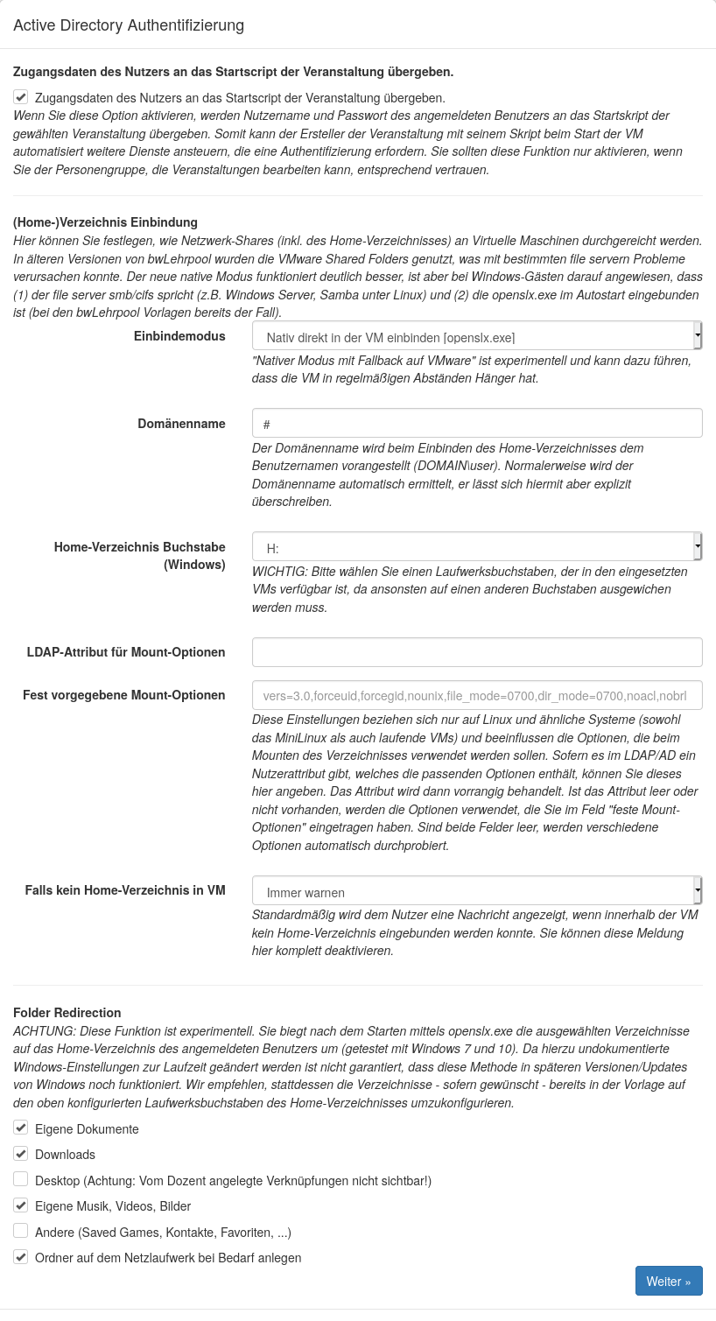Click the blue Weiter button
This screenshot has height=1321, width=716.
point(668,1281)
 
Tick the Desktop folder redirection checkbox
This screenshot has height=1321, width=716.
point(21,1179)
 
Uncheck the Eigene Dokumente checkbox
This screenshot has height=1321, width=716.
point(21,1128)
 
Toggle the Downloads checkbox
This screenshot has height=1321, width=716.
point(21,1153)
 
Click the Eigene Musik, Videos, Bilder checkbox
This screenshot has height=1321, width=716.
point(21,1205)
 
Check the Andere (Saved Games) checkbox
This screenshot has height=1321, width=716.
point(21,1231)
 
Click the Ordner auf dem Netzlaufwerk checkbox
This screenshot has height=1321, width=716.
point(21,1256)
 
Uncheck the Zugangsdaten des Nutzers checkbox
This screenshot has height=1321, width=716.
point(21,97)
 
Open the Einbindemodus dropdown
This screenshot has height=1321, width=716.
point(476,336)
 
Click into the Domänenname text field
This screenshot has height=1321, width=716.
point(476,424)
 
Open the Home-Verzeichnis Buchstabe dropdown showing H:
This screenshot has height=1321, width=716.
point(476,547)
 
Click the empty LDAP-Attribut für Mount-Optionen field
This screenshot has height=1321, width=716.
point(476,652)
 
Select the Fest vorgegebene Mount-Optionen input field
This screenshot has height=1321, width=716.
point(476,695)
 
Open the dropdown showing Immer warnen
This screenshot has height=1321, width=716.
point(476,891)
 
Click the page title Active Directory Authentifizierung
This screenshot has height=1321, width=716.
point(129,25)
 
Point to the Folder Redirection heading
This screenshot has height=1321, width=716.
point(67,1013)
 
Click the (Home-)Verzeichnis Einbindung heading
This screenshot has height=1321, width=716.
point(105,222)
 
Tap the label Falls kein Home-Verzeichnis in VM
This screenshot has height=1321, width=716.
point(125,890)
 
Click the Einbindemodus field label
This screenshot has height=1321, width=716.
point(179,336)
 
